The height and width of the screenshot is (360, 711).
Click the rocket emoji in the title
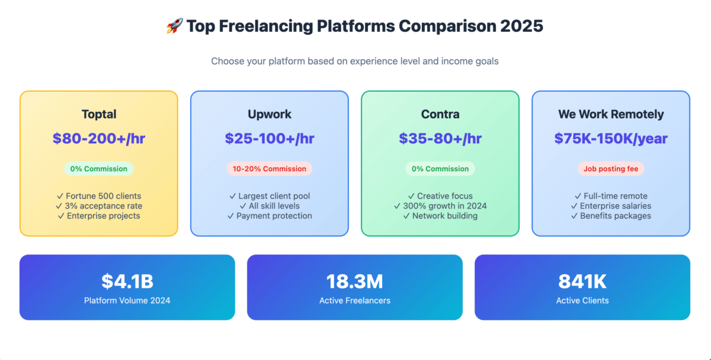point(174,25)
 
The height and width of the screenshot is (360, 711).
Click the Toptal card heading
point(99,114)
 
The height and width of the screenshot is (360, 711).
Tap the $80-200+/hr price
point(99,139)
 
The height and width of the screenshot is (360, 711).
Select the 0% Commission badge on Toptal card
point(99,169)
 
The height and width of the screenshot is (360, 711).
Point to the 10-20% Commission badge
point(270,169)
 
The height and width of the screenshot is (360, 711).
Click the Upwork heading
point(270,114)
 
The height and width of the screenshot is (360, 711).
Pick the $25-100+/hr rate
point(270,139)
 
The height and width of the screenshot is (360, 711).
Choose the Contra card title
point(440,114)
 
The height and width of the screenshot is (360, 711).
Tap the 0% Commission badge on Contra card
point(440,169)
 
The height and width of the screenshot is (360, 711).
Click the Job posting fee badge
point(611,169)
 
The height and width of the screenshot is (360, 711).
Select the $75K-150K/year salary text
point(611,139)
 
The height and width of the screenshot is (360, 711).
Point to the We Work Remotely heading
point(611,114)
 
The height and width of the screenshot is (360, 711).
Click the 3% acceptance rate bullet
point(99,206)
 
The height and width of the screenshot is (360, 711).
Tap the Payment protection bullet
point(270,216)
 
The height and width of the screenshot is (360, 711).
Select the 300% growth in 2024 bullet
point(440,206)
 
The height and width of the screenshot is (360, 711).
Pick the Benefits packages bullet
point(611,216)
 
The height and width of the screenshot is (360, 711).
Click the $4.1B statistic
point(127,281)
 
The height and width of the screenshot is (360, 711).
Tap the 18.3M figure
point(355,281)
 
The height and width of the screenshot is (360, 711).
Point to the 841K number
point(582,281)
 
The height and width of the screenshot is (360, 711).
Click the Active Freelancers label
point(355,301)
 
